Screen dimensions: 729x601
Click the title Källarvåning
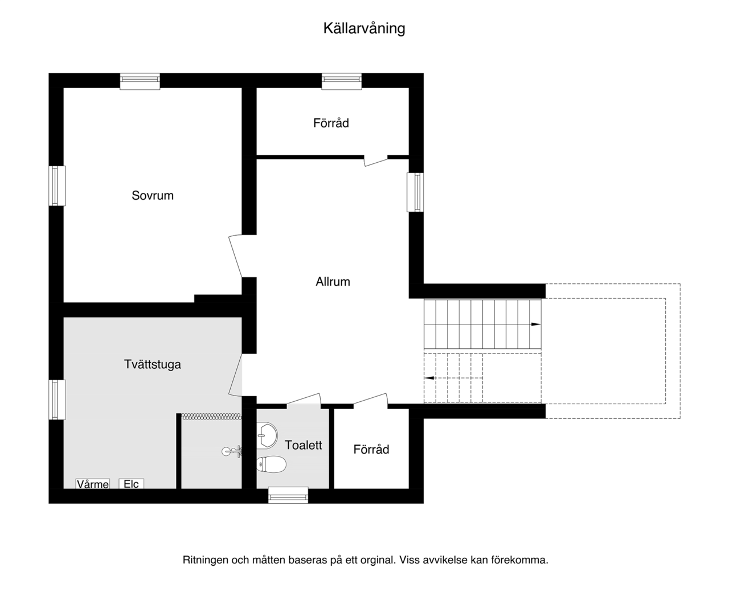364,28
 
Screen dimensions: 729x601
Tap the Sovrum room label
153,195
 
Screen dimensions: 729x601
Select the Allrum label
333,282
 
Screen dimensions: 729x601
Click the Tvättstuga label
153,364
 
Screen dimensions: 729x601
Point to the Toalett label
303,445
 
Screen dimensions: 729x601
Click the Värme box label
93,484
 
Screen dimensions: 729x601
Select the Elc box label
131,484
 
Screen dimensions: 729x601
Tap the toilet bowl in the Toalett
271,464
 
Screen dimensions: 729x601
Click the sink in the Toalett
267,435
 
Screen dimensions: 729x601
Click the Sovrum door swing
236,256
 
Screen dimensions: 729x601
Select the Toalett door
304,399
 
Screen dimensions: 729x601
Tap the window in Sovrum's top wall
140,81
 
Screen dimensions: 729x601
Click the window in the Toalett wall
288,495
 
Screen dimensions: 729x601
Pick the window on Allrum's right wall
415,192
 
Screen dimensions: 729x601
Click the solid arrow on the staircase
535,324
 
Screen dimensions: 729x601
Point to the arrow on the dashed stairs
429,378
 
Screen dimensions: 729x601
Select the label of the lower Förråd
371,449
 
